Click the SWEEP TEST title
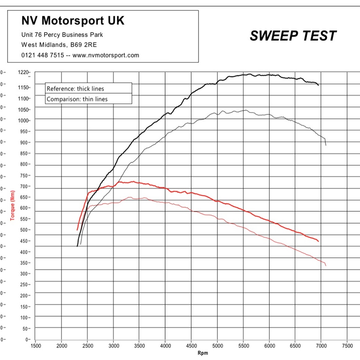[x=293, y=36]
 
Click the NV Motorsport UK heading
[x=73, y=21]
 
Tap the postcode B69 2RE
[x=84, y=45]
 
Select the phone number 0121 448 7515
[x=42, y=55]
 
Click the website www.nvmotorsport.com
[x=106, y=55]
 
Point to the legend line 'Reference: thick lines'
[x=75, y=89]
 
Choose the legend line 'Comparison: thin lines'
[x=77, y=99]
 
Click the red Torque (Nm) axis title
[x=12, y=205]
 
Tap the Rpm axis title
[x=203, y=353]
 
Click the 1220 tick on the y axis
[x=24, y=72]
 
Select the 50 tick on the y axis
[x=26, y=328]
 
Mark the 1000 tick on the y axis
[x=24, y=121]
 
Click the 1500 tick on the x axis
[x=36, y=346]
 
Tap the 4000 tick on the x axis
[x=165, y=346]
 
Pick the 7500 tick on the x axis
[x=347, y=346]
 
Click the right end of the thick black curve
[x=318, y=85]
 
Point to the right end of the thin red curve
[x=326, y=266]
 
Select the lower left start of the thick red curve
[x=77, y=230]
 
